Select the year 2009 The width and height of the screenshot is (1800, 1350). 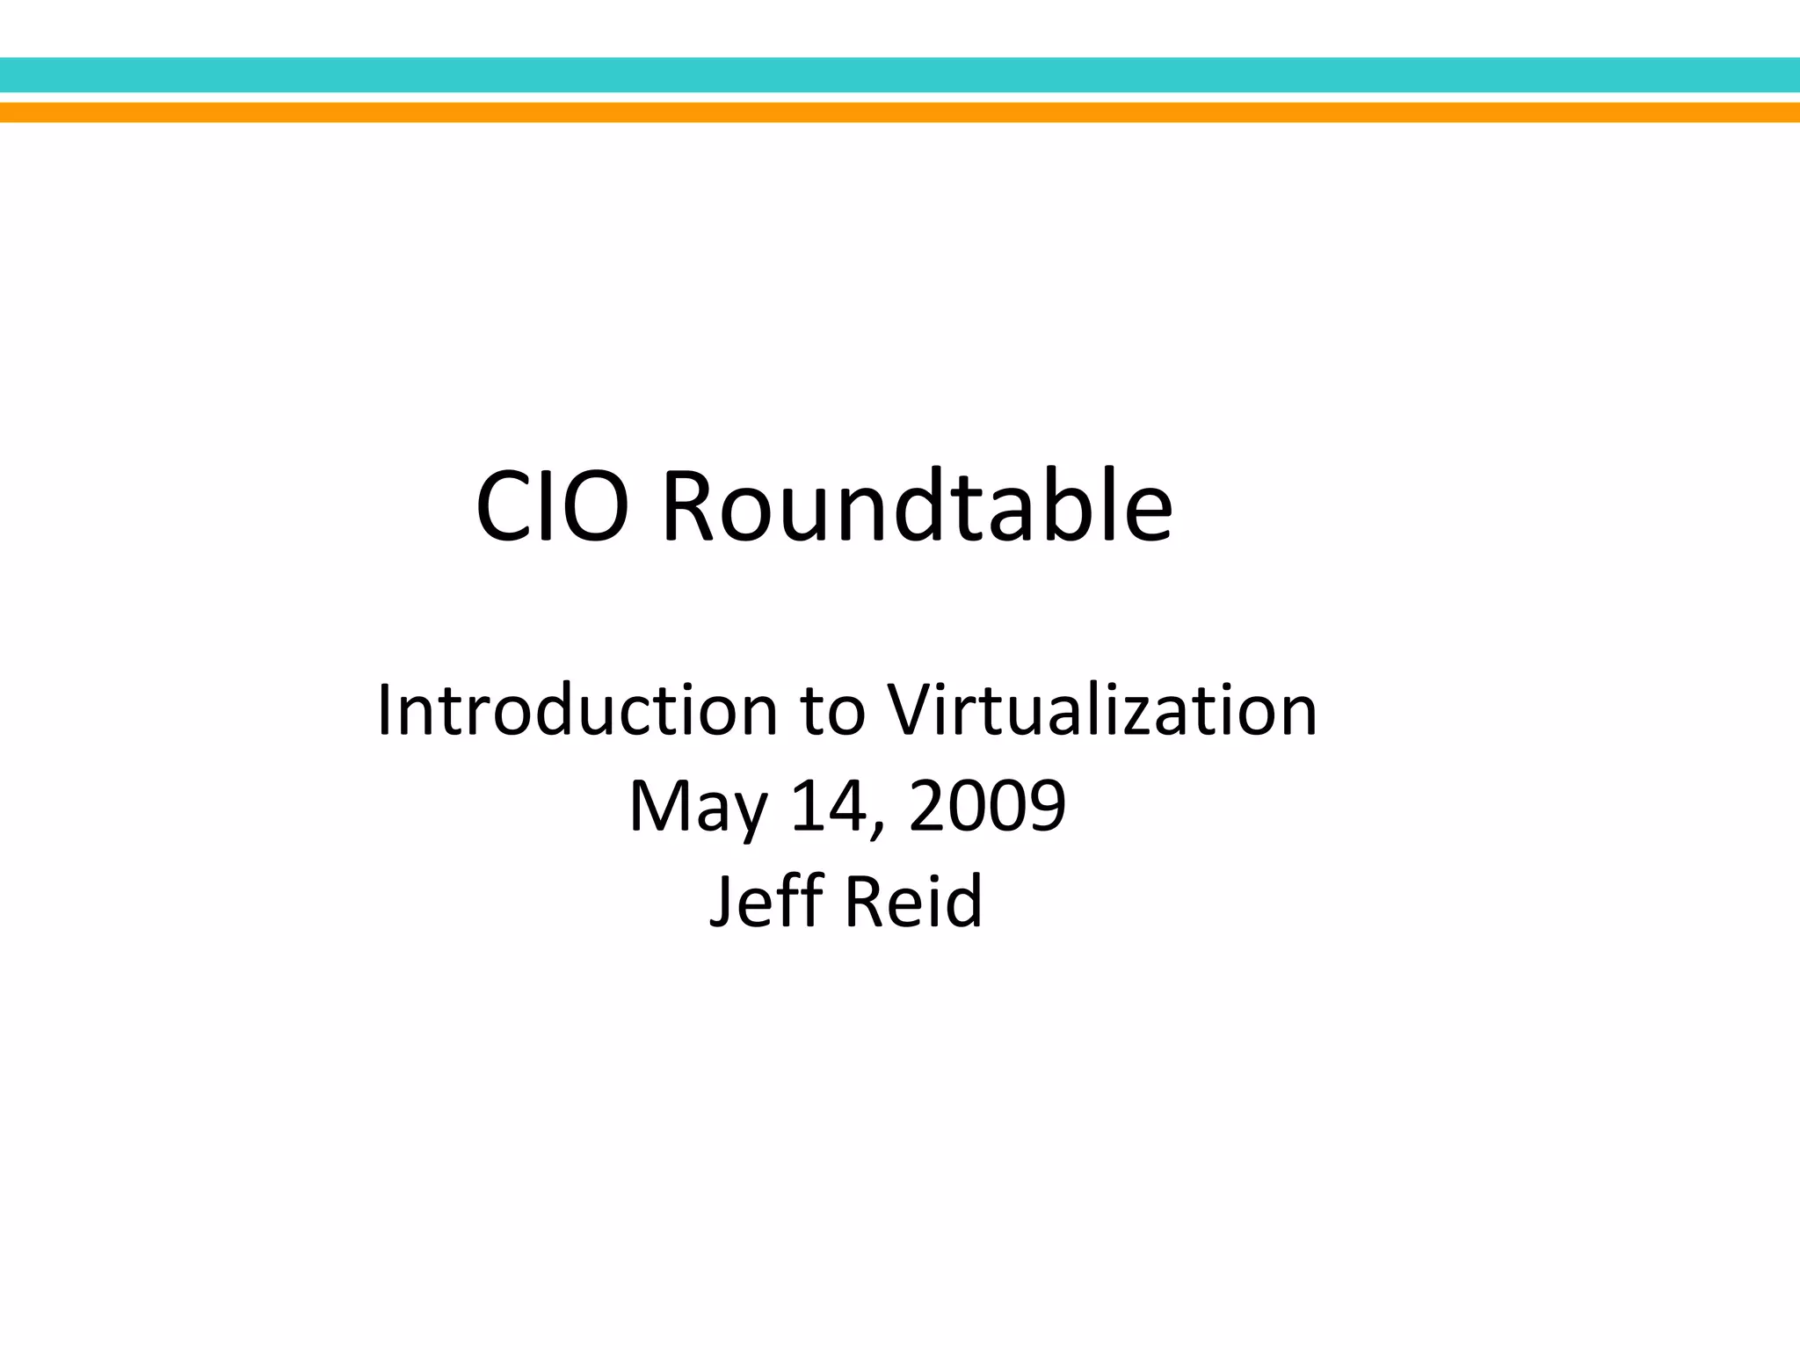tap(987, 806)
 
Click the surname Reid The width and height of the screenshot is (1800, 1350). tap(913, 901)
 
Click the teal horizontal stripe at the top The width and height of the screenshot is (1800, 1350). tap(900, 75)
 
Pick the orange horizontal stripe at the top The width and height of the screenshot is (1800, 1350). tap(900, 112)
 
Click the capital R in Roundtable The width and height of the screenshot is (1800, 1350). tap(693, 508)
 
